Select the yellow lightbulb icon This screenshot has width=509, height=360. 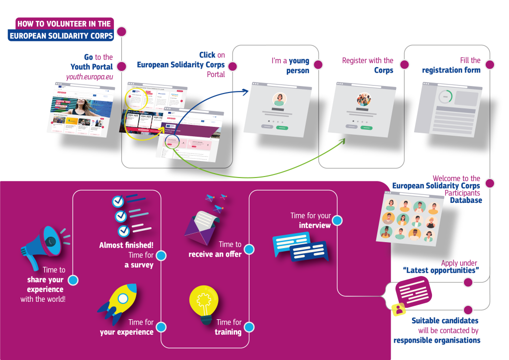[x=204, y=305]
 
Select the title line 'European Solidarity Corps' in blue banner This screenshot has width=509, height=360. [x=61, y=36]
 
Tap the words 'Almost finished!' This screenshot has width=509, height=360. [x=126, y=245]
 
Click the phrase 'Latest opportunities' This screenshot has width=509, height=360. [x=440, y=270]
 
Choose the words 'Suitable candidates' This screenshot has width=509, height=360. [x=445, y=321]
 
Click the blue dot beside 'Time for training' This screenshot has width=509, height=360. [x=250, y=327]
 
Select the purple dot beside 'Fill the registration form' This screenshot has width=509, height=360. [x=490, y=65]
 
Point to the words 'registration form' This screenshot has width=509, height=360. [x=451, y=70]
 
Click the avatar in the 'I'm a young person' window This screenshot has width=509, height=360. [x=279, y=98]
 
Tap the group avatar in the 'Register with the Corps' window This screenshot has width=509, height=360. [x=364, y=99]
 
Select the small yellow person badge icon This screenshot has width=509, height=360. [x=398, y=310]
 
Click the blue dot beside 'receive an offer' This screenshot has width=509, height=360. [x=250, y=249]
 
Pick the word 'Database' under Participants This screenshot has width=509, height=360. [x=466, y=200]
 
